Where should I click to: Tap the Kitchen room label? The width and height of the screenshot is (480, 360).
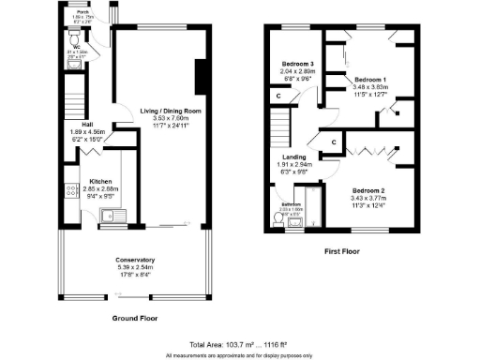tap(100, 181)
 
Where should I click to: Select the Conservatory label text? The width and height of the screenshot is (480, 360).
tap(135, 259)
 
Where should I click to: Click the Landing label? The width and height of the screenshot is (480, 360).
tap(294, 157)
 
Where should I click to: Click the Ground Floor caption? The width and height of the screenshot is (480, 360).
tap(133, 319)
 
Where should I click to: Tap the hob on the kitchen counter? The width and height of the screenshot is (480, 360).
tap(71, 190)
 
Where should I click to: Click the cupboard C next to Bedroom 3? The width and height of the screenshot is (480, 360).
tap(278, 96)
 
